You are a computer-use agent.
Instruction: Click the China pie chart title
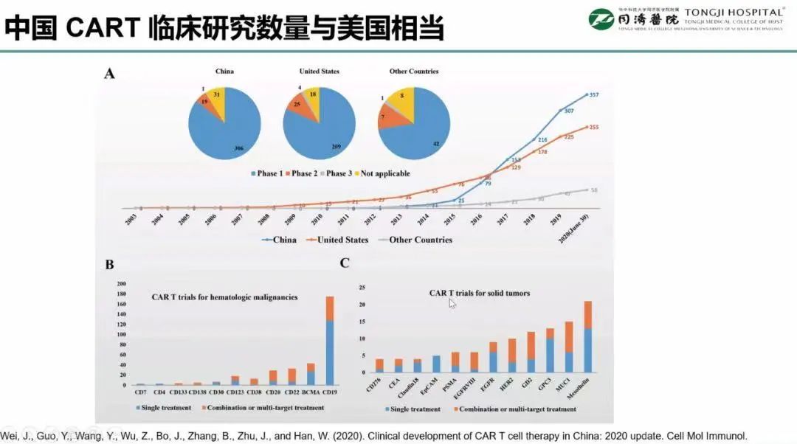click(224, 72)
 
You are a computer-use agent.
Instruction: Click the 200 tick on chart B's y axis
click(123, 284)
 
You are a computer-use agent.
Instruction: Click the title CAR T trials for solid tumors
click(480, 293)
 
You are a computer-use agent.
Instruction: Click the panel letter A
click(110, 73)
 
